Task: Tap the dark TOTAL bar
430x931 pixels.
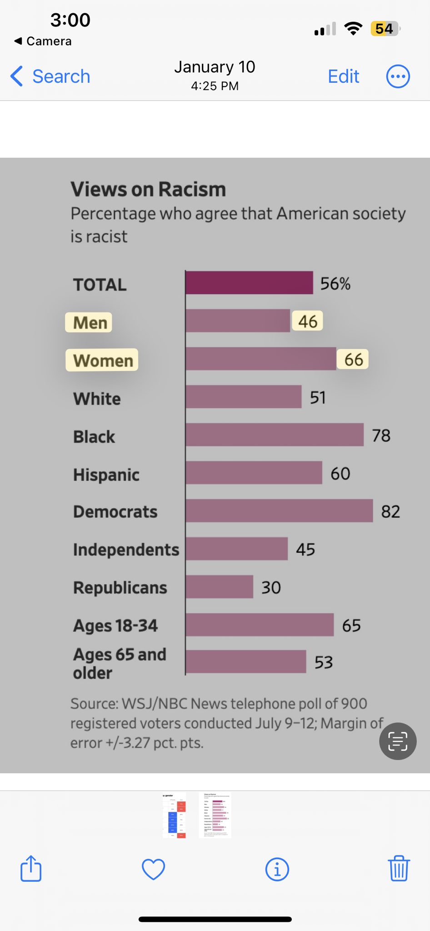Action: click(x=249, y=283)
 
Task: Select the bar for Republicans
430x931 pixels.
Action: click(x=219, y=586)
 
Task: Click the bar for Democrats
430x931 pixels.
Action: click(x=279, y=511)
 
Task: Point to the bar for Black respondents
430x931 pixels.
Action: click(x=275, y=435)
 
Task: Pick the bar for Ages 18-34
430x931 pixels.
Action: click(x=260, y=625)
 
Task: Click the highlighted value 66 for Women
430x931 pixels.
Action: click(x=353, y=360)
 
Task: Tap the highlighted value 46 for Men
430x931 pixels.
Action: click(x=308, y=321)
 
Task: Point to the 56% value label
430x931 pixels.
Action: click(x=335, y=284)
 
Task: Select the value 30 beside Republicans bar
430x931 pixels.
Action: click(x=271, y=587)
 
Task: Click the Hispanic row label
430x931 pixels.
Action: click(x=106, y=475)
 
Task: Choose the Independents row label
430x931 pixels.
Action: click(x=126, y=550)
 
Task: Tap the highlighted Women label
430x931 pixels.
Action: click(x=102, y=360)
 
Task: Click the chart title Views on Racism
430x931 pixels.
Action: click(x=148, y=189)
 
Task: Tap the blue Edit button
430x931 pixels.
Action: click(x=344, y=76)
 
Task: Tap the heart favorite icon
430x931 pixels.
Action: click(x=154, y=869)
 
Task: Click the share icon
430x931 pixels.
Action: click(x=31, y=868)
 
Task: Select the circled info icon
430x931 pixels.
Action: click(x=277, y=869)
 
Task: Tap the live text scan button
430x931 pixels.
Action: click(x=398, y=741)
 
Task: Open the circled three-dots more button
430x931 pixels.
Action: click(x=398, y=76)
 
